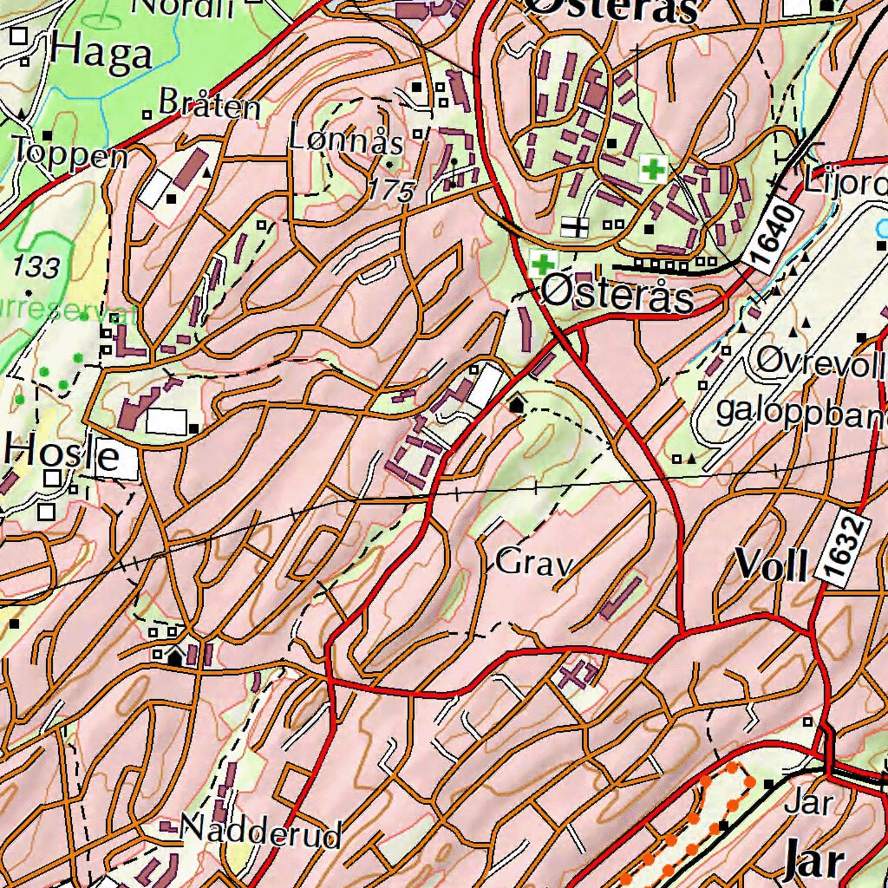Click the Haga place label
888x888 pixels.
pos(101,55)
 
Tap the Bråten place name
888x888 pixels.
pos(210,108)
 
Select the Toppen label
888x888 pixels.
pos(71,154)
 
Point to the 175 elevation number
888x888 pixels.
pos(390,192)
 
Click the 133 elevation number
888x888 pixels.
pos(37,267)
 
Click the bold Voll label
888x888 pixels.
pos(772,565)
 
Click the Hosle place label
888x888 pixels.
pos(61,454)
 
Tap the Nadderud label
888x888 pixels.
pos(261,834)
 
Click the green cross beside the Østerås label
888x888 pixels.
pos(544,264)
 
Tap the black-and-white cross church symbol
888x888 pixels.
pos(573,227)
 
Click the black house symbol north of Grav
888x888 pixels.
pos(518,403)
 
